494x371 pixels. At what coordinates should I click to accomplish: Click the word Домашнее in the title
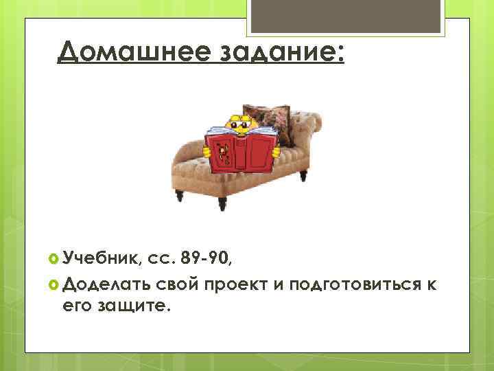[130, 50]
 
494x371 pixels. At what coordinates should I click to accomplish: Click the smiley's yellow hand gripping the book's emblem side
[207, 149]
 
